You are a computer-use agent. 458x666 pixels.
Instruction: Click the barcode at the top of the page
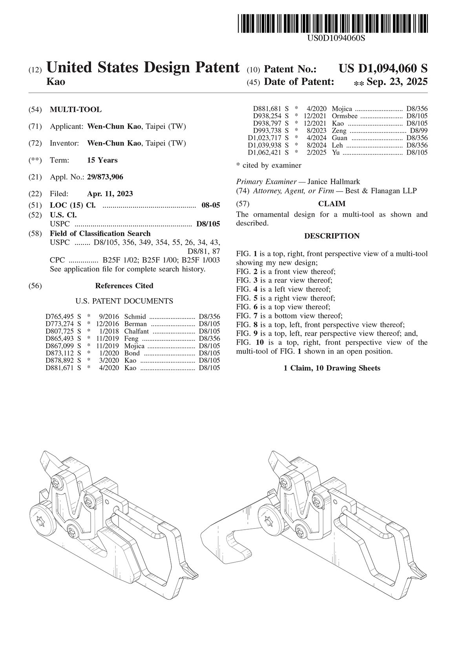click(x=332, y=24)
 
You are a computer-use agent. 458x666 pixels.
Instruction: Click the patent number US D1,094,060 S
click(x=383, y=69)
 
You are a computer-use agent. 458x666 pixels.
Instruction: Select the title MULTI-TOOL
click(x=76, y=110)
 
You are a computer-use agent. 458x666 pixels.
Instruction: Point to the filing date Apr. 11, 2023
click(x=110, y=194)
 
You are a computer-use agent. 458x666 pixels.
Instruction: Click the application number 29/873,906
click(x=105, y=177)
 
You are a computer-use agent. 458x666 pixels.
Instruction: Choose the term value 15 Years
click(x=102, y=160)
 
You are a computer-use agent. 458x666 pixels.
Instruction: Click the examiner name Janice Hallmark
click(x=334, y=182)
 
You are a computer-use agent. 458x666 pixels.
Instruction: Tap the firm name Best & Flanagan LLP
click(x=381, y=191)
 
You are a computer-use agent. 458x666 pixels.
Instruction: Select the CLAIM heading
click(x=332, y=204)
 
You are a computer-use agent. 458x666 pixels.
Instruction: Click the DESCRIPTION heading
click(x=332, y=236)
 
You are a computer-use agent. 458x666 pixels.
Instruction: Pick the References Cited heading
click(x=124, y=286)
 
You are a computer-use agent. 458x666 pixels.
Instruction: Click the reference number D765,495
click(x=59, y=317)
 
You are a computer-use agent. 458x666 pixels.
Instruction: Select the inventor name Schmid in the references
click(x=135, y=317)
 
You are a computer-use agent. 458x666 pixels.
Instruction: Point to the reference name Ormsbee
click(x=345, y=116)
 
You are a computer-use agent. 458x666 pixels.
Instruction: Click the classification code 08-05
click(x=211, y=205)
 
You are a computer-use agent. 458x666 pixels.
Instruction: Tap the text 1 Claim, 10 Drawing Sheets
click(x=332, y=368)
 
